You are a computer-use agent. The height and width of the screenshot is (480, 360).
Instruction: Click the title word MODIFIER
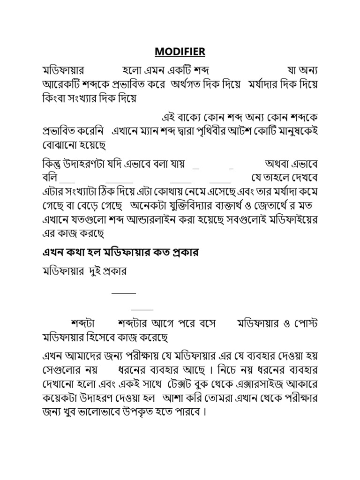180,51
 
